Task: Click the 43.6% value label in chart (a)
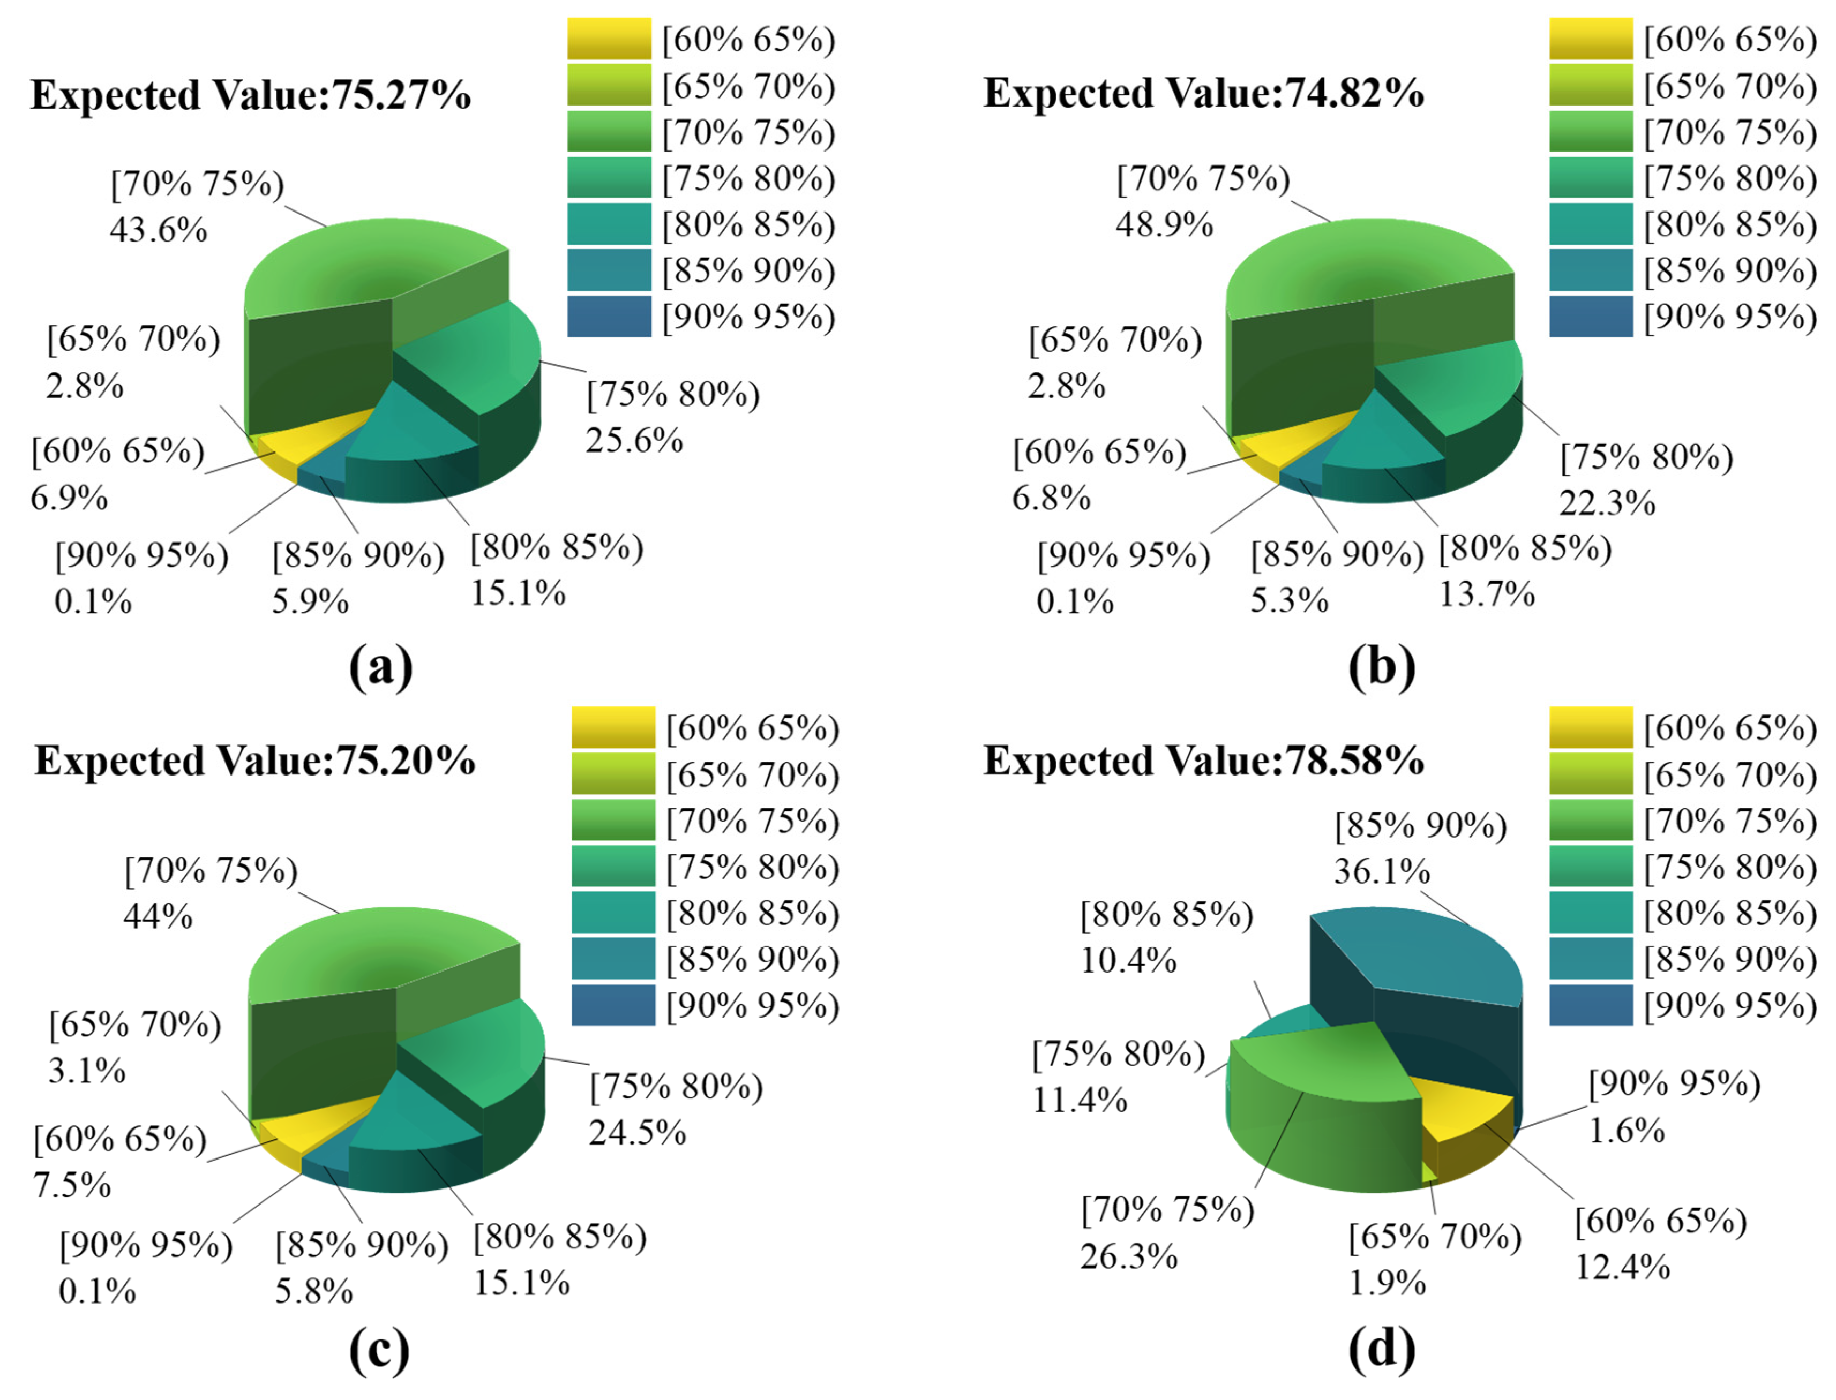pyautogui.click(x=159, y=230)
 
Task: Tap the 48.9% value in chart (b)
pyautogui.click(x=1164, y=225)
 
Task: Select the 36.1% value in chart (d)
pyautogui.click(x=1382, y=872)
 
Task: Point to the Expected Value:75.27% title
pyautogui.click(x=250, y=95)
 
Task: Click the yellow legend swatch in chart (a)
pyautogui.click(x=609, y=39)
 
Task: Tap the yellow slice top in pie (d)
pyautogui.click(x=1467, y=1112)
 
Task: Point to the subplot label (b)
pyautogui.click(x=1381, y=667)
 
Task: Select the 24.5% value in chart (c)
pyautogui.click(x=638, y=1133)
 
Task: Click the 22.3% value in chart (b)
pyautogui.click(x=1607, y=503)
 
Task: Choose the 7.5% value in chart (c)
pyautogui.click(x=72, y=1185)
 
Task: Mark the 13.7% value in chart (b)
pyautogui.click(x=1487, y=594)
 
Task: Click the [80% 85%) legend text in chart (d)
pyautogui.click(x=1730, y=914)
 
